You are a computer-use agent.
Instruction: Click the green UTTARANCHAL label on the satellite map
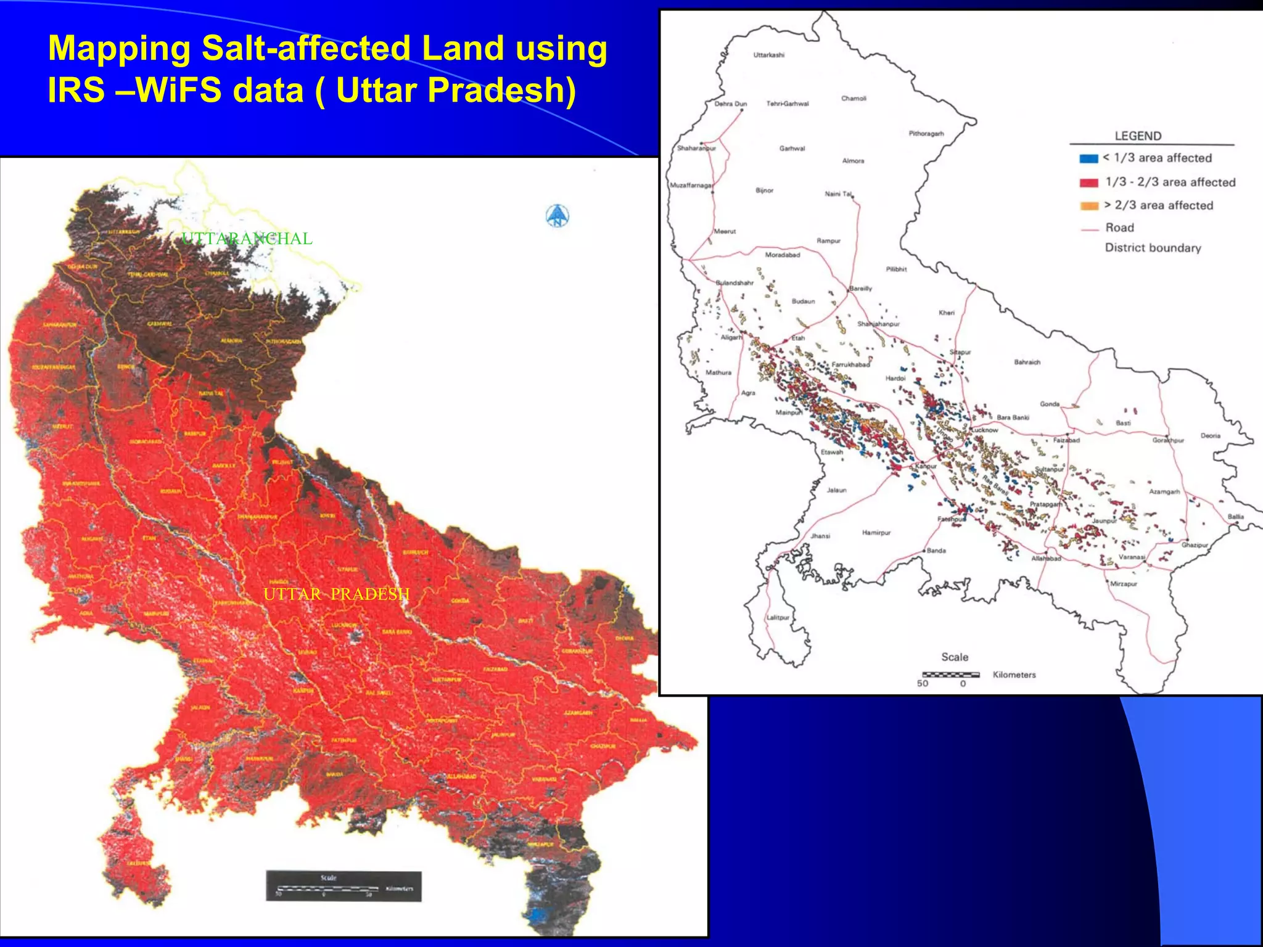click(247, 239)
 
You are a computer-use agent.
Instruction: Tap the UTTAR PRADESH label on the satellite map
click(336, 594)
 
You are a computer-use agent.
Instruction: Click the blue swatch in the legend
click(1088, 158)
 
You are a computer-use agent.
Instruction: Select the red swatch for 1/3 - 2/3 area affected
click(1088, 182)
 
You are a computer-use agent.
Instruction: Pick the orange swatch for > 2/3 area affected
click(1089, 206)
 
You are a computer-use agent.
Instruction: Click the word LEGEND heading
click(1138, 136)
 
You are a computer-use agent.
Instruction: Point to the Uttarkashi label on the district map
click(768, 55)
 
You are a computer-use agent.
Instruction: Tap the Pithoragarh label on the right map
click(926, 134)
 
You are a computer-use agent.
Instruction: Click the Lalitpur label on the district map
click(778, 617)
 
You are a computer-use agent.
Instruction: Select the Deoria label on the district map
click(1210, 436)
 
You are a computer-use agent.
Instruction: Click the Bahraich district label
click(1027, 363)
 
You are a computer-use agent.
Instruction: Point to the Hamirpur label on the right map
click(876, 533)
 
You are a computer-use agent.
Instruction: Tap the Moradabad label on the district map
click(782, 255)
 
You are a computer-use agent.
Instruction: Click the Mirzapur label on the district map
click(1124, 584)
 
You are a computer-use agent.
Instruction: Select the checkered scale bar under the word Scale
click(950, 674)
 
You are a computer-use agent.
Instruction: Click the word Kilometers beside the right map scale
click(1014, 675)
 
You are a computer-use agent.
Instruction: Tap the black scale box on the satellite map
click(344, 886)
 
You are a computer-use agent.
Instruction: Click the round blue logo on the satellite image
click(557, 216)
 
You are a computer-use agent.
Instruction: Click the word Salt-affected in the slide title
click(306, 48)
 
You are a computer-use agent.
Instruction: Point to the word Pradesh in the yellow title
click(502, 90)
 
